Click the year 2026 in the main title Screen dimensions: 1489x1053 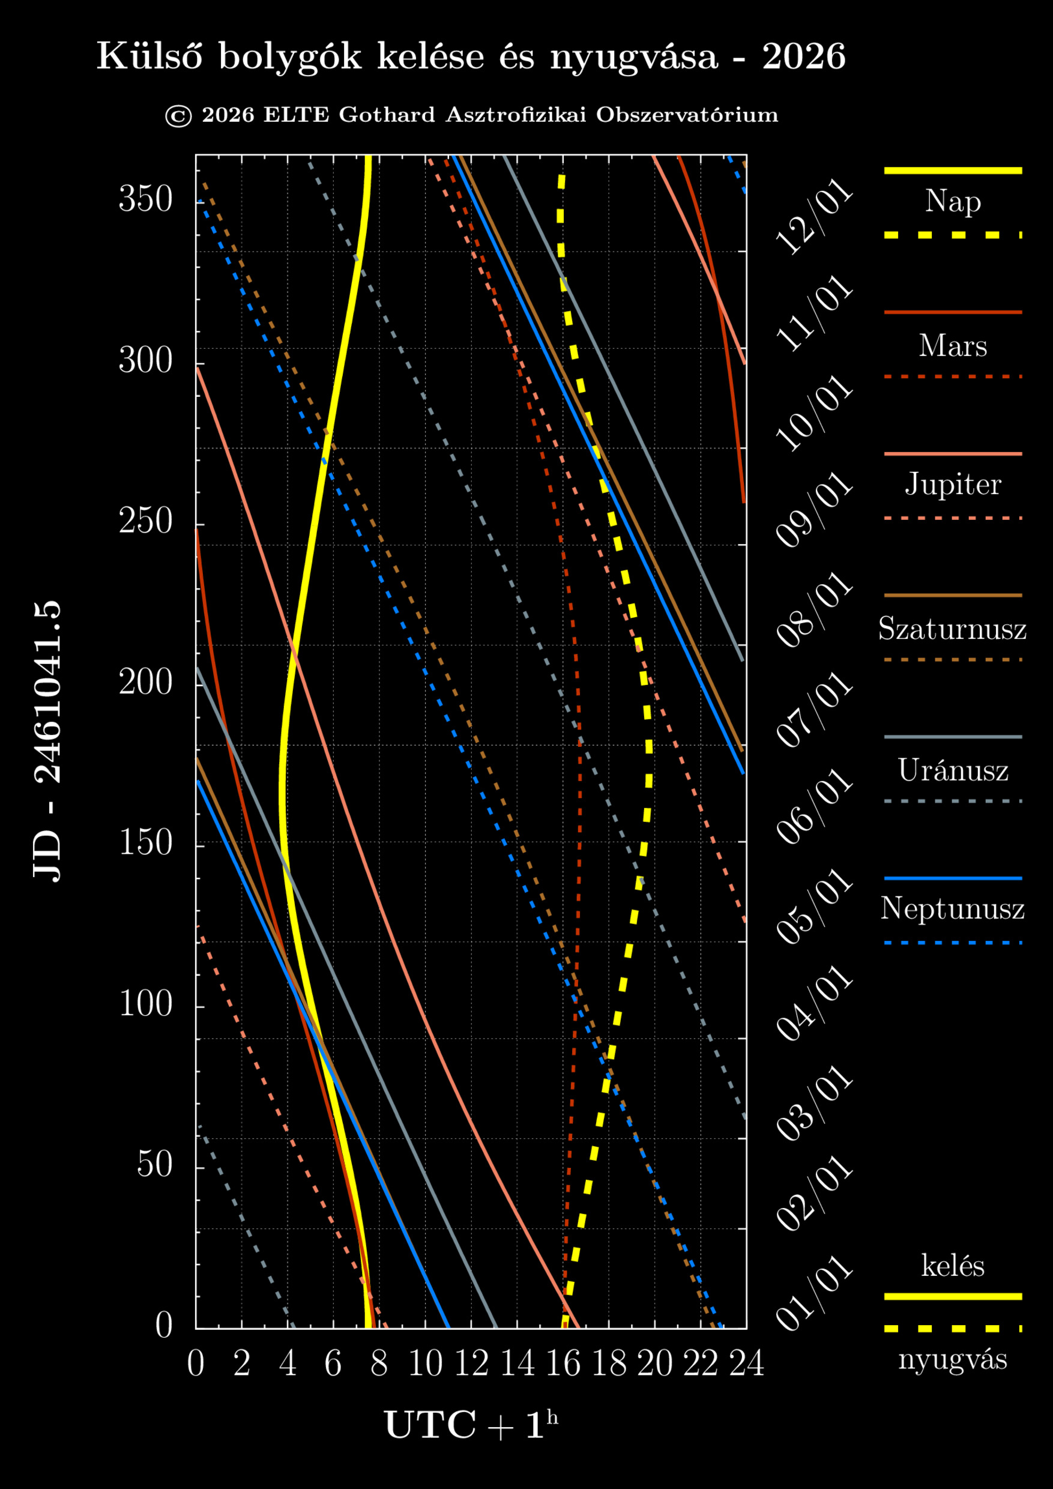click(x=803, y=57)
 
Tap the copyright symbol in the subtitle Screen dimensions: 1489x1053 click(x=178, y=116)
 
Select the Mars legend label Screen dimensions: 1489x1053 click(x=953, y=346)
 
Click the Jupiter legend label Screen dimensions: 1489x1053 click(x=953, y=485)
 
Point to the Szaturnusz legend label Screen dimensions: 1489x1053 click(x=952, y=629)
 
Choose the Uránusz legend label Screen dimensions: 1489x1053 click(x=953, y=770)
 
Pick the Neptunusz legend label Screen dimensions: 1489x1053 click(x=952, y=908)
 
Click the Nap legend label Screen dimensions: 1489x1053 click(x=953, y=202)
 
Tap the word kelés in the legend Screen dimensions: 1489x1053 click(x=953, y=1266)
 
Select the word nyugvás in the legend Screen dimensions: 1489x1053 click(x=953, y=1360)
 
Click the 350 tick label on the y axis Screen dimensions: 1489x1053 click(x=146, y=199)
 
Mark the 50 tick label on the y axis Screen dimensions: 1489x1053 click(x=154, y=1165)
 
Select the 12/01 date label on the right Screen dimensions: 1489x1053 click(x=815, y=217)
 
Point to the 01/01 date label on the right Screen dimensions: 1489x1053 click(x=815, y=1294)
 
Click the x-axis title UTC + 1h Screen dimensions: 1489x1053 click(x=471, y=1425)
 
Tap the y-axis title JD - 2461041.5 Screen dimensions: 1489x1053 click(x=47, y=741)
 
